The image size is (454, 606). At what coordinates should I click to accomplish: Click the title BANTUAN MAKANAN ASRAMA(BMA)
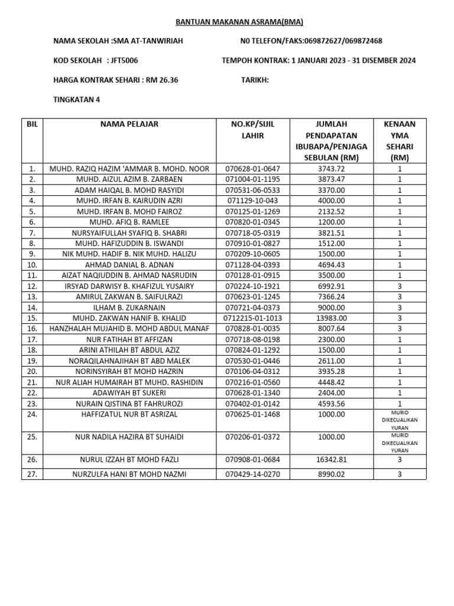tap(239, 22)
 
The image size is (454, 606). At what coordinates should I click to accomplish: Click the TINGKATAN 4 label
tap(77, 99)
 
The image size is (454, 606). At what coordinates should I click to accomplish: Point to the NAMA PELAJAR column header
tap(129, 124)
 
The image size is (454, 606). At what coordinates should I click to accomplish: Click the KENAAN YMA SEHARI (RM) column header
tap(399, 141)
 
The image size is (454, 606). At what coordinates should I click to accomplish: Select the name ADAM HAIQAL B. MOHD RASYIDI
tap(129, 190)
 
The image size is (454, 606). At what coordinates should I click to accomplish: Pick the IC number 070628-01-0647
tap(253, 169)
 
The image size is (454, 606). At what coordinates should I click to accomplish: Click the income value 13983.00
tap(331, 318)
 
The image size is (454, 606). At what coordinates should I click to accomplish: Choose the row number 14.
tap(32, 307)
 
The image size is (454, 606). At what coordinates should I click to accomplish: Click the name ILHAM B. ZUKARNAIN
tap(129, 307)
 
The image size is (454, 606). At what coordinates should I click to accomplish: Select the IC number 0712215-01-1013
tap(253, 318)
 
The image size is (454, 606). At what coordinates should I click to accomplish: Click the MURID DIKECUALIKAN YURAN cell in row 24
tap(399, 420)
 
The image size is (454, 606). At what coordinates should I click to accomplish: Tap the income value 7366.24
tap(331, 296)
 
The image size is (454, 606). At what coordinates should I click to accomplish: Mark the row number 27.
tap(32, 474)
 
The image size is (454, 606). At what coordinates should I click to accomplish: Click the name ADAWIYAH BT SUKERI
tap(129, 392)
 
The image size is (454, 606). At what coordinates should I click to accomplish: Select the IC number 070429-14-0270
tap(253, 474)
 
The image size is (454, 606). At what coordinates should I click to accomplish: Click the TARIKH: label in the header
tap(255, 80)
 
